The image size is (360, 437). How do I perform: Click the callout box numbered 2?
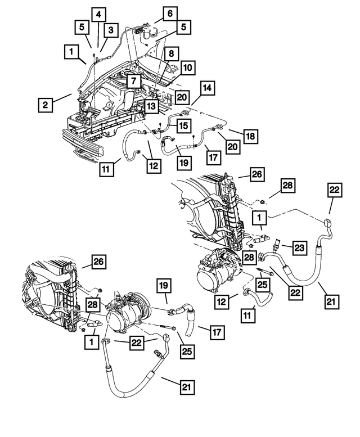(x=46, y=105)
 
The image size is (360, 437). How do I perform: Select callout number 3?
(x=110, y=30)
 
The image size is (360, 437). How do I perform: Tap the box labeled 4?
(x=98, y=13)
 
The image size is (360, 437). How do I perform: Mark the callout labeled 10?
(x=187, y=68)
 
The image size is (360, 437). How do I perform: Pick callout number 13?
(x=151, y=106)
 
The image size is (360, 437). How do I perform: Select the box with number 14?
(x=207, y=88)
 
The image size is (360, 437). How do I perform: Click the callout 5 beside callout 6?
(x=183, y=26)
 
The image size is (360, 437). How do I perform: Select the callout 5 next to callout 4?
(x=82, y=26)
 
